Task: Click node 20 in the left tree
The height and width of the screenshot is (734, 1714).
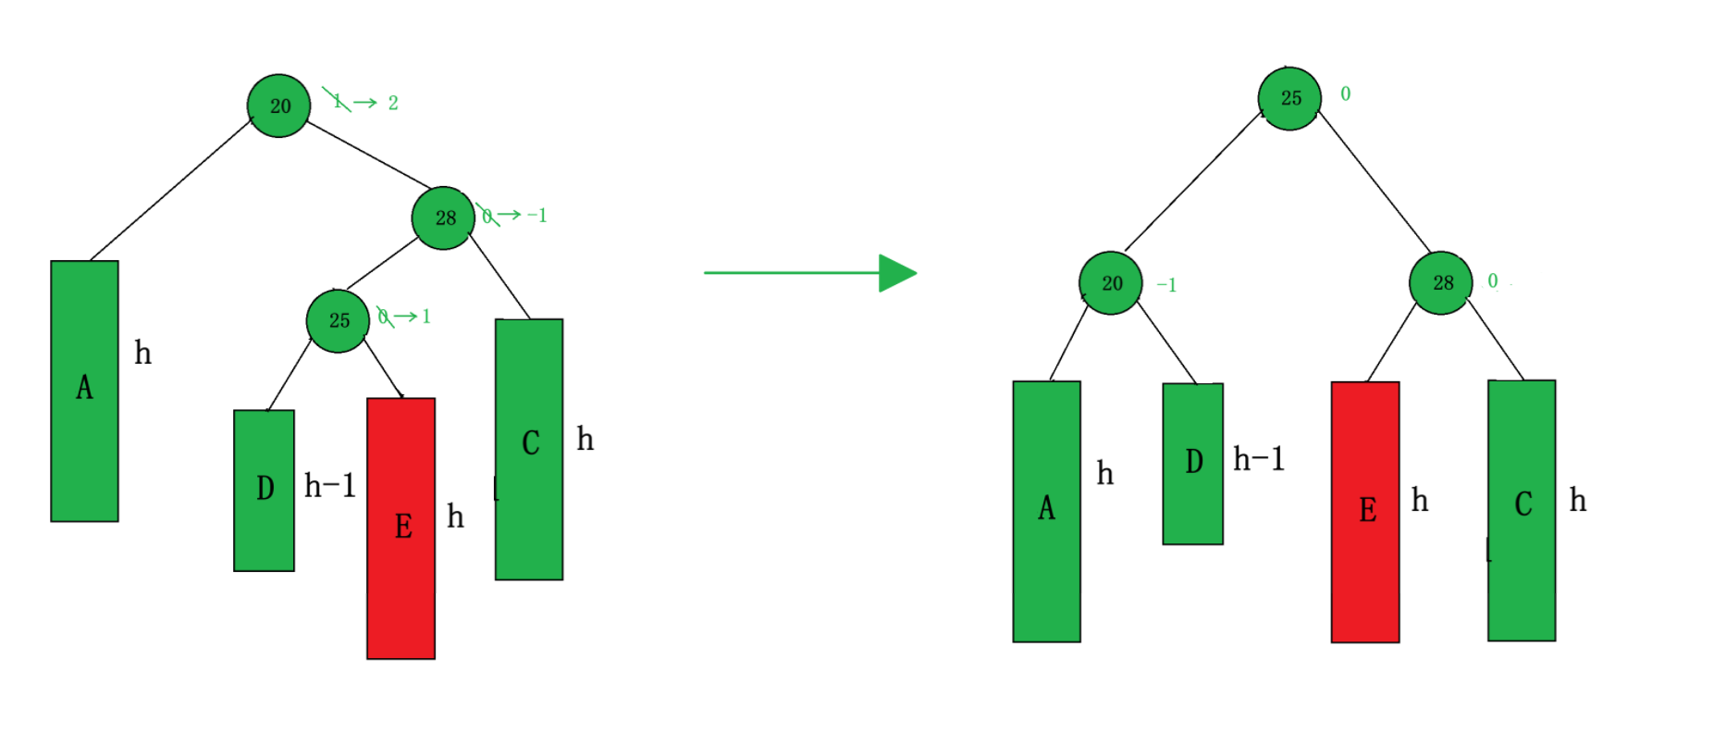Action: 278,106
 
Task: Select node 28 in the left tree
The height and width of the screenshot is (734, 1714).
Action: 444,218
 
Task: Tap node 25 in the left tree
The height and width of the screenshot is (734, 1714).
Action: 338,320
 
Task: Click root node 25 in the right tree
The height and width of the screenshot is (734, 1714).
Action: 1289,98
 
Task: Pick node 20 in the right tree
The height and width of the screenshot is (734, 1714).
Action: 1111,283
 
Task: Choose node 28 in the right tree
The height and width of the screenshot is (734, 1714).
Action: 1441,282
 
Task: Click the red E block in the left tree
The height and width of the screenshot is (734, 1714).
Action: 401,528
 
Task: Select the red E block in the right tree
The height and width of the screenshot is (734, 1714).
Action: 1364,511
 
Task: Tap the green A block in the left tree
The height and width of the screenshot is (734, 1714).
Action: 84,391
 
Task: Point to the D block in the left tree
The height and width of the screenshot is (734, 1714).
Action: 264,490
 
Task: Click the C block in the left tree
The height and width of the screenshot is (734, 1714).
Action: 529,449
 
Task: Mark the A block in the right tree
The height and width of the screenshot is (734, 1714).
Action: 1046,511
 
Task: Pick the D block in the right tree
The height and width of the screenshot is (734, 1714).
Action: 1192,463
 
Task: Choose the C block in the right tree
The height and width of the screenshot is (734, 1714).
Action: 1521,509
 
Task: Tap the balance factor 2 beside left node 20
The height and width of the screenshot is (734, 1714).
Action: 393,103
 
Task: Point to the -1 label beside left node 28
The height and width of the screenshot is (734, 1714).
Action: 536,216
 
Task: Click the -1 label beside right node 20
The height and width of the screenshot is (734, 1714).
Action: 1166,285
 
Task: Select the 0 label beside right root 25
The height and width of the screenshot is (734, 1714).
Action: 1345,93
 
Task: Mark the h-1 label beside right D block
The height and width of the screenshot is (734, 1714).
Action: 1258,459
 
